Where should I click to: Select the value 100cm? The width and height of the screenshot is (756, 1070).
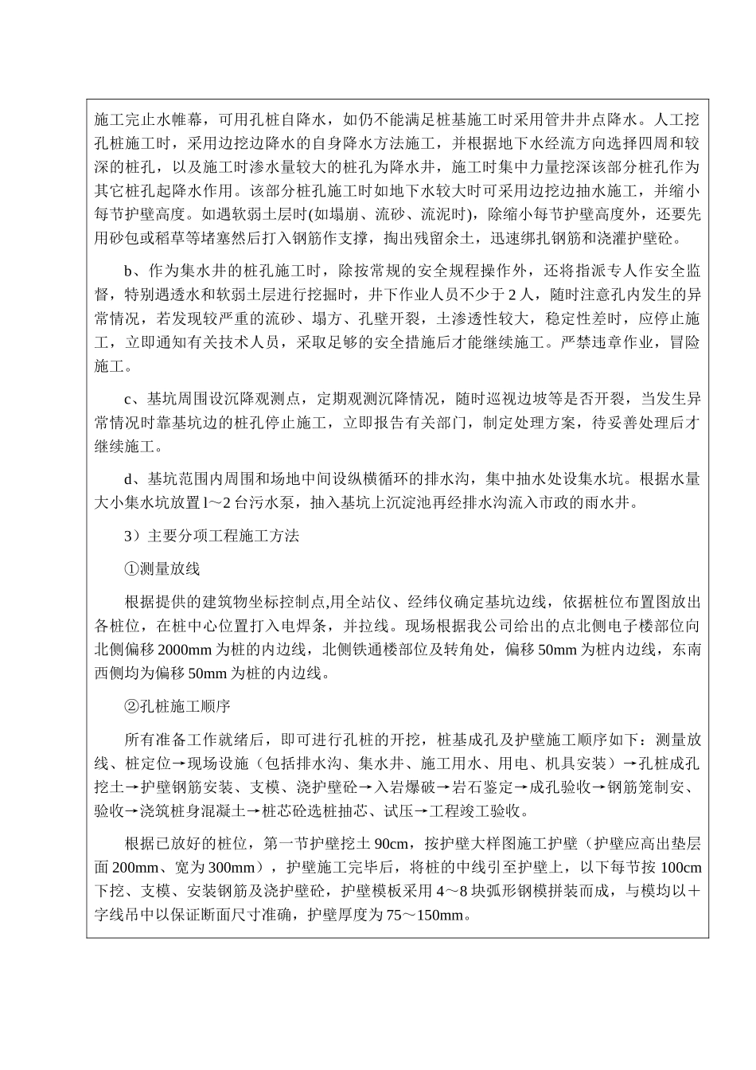click(681, 867)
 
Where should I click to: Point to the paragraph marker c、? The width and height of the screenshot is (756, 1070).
click(131, 398)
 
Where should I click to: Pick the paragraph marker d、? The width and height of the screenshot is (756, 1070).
click(132, 479)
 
